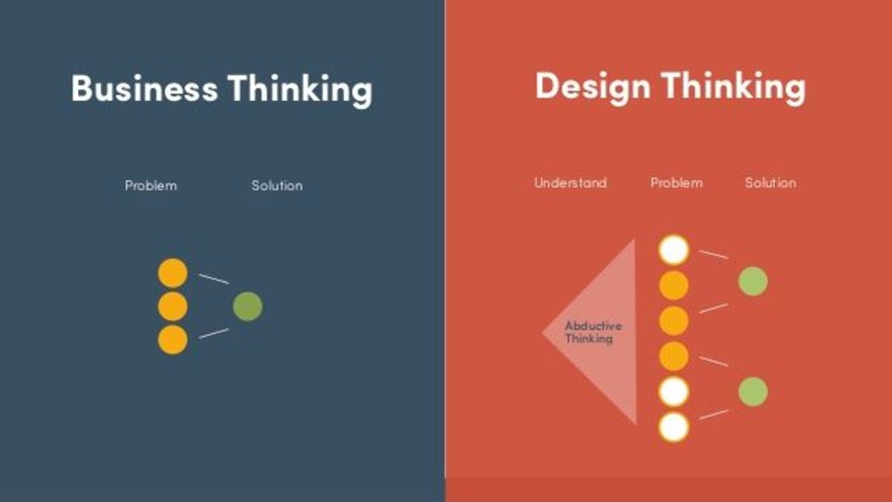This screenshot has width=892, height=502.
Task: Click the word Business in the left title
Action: point(144,89)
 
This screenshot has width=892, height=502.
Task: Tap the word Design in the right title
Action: point(592,87)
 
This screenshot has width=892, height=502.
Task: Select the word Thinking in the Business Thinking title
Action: point(300,89)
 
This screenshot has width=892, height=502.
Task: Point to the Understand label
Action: point(570,183)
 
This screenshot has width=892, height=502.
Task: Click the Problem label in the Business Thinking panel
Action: point(151,185)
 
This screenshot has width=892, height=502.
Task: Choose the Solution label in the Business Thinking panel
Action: point(277,185)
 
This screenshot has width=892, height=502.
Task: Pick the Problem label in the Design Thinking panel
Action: point(676,183)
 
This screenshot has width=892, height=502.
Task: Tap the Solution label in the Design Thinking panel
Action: point(770,183)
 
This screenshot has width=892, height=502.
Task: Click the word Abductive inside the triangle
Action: point(592,326)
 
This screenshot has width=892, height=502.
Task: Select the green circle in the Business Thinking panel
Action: point(248,306)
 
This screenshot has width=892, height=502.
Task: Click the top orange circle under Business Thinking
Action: point(172,273)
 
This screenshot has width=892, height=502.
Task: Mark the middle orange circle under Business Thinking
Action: point(172,306)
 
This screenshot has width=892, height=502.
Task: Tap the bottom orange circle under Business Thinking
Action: point(172,340)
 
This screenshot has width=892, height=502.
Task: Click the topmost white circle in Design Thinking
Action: point(674,250)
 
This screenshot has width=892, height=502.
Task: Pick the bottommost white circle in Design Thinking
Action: point(674,428)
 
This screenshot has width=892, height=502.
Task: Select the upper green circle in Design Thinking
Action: point(752,281)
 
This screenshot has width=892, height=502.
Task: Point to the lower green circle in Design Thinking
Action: point(752,392)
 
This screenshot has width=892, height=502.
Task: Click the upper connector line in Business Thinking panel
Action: point(213,279)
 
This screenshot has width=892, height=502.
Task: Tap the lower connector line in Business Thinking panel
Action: point(213,333)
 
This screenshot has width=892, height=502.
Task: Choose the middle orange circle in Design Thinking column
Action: point(674,321)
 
